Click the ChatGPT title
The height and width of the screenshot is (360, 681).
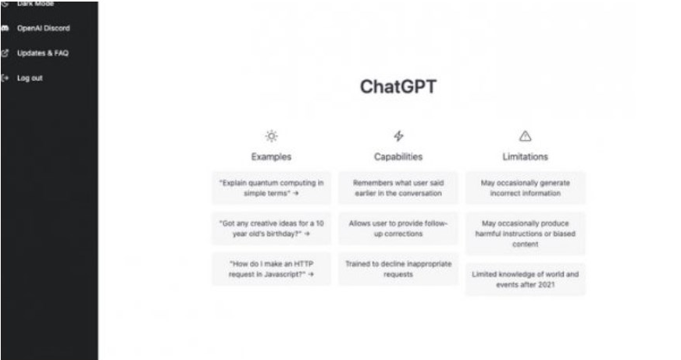point(398,86)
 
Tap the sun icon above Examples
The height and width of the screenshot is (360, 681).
point(271,136)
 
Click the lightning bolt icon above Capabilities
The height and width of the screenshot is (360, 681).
point(398,136)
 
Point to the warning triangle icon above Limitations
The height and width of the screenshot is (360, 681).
point(525,136)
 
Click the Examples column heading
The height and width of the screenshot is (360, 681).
point(271,156)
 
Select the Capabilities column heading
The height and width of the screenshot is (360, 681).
point(398,156)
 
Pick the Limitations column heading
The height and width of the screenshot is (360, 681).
point(525,156)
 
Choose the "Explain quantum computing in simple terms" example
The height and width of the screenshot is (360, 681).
point(271,187)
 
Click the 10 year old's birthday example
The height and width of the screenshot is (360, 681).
point(271,228)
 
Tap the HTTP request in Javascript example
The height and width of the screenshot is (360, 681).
point(271,269)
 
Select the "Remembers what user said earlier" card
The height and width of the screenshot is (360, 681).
point(398,187)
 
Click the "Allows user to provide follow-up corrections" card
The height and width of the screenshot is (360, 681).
point(398,228)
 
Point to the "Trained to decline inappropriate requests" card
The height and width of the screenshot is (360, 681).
point(398,269)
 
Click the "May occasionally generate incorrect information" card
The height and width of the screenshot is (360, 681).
point(525,187)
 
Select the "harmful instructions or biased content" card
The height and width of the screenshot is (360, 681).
point(525,233)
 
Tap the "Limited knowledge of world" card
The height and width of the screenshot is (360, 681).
point(525,279)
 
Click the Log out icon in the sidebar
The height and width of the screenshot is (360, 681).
point(5,77)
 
